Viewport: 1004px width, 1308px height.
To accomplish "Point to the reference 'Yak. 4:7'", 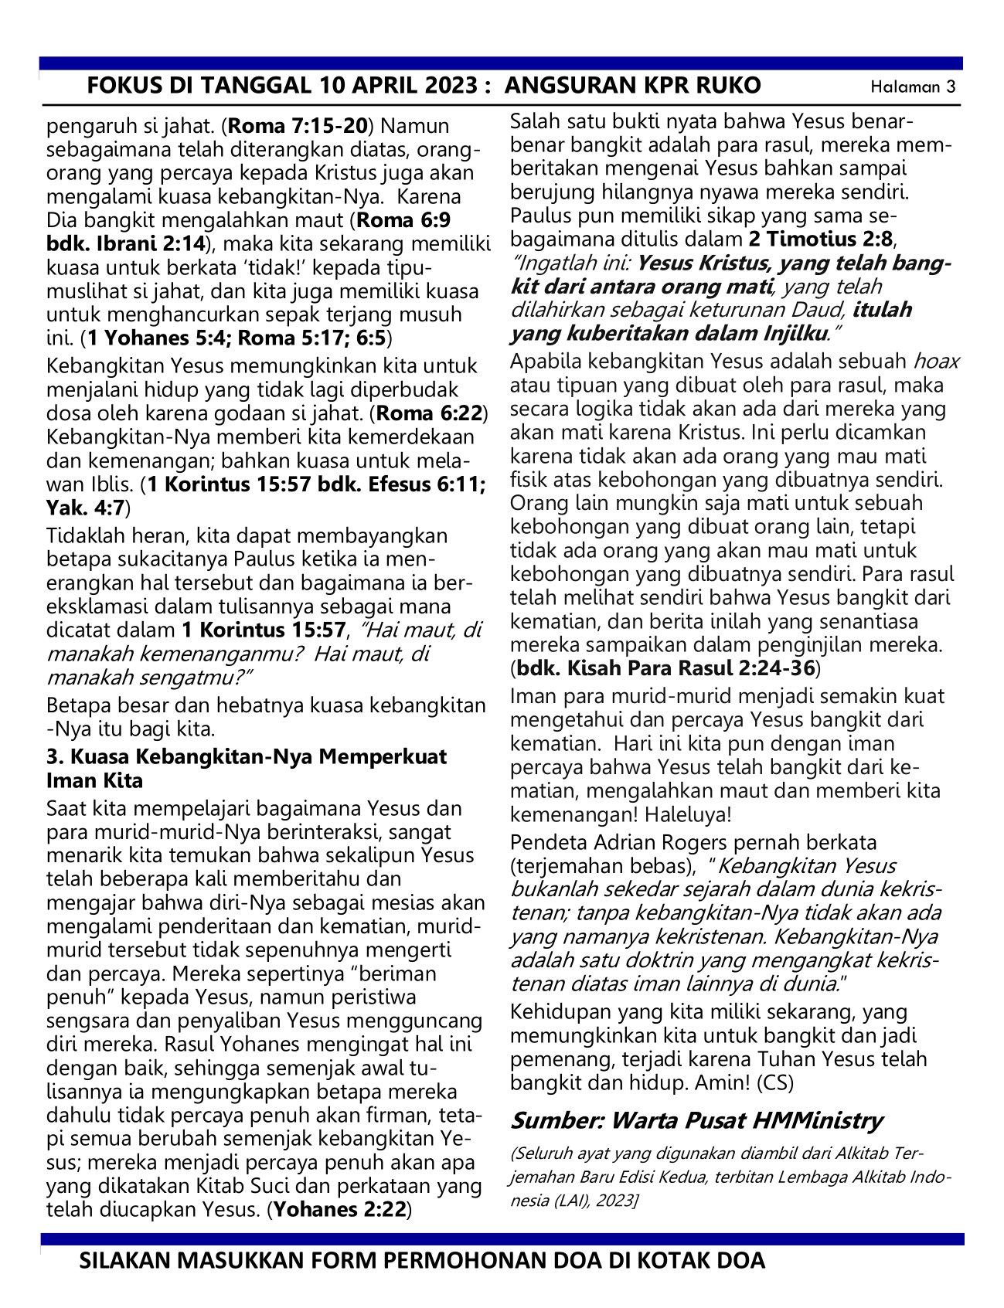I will coord(85,508).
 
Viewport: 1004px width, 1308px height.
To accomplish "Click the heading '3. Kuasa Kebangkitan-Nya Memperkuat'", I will coord(247,756).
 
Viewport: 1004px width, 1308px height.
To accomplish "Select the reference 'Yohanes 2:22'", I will coord(339,1209).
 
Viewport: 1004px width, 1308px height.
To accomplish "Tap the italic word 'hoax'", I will coord(936,361).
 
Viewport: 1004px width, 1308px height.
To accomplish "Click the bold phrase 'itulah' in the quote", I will coord(882,310).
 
